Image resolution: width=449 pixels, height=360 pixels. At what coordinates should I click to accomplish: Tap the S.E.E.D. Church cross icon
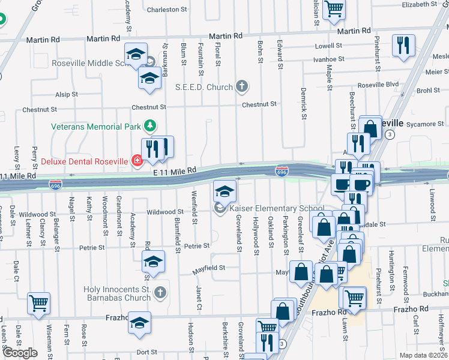click(242, 87)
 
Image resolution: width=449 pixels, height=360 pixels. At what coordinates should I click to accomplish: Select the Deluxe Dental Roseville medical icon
click(137, 161)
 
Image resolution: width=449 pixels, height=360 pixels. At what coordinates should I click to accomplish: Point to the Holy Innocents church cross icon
click(160, 292)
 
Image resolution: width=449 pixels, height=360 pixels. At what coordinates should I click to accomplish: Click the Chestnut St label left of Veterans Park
click(39, 110)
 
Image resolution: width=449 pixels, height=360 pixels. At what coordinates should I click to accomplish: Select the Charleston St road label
click(163, 10)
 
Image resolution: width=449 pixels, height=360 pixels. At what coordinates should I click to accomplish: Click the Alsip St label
click(67, 94)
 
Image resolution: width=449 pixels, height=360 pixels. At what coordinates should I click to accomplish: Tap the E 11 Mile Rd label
click(175, 171)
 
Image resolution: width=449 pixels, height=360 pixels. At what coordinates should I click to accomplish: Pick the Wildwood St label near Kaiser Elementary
click(165, 212)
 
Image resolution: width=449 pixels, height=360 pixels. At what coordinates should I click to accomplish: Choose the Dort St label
click(146, 352)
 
